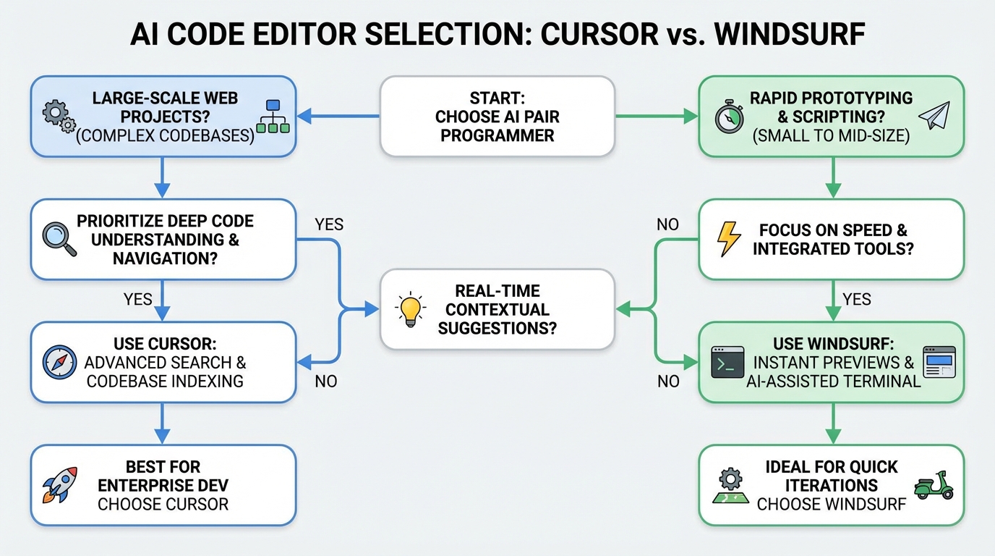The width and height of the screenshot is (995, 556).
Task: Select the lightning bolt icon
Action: point(728,240)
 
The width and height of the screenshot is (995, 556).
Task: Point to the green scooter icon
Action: point(934,485)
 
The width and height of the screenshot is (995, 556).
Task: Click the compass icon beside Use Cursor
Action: point(59,362)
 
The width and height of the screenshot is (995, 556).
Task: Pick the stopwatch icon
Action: point(729,118)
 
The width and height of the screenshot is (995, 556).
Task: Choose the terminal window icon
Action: point(727,362)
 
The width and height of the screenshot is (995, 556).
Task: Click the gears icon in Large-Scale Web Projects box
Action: point(59,117)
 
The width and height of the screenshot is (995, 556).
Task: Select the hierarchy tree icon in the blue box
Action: point(273,117)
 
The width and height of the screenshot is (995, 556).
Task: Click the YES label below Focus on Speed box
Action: point(856,299)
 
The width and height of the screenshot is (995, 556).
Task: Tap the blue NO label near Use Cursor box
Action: point(326,381)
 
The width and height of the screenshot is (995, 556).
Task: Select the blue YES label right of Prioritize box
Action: point(329,224)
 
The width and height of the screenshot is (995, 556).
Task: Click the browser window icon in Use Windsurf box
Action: point(939,362)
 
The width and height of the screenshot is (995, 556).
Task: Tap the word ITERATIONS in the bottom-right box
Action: point(832,485)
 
